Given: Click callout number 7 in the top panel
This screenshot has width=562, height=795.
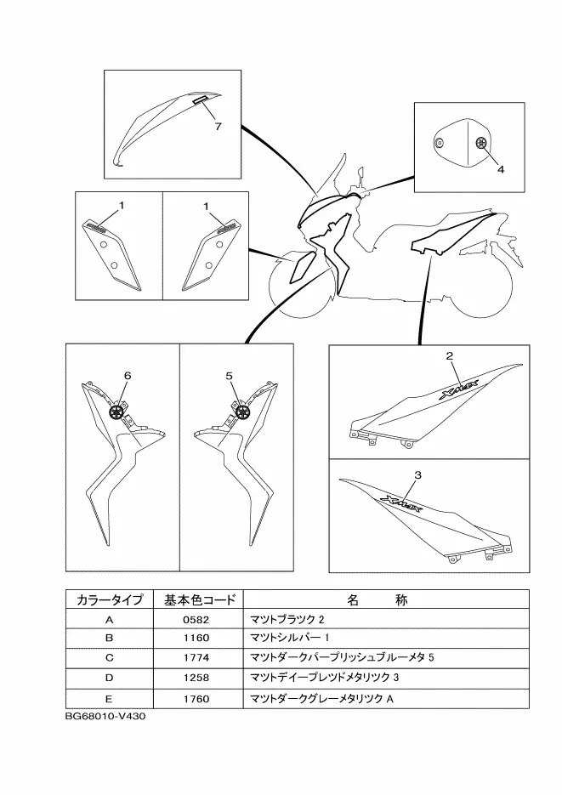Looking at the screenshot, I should pyautogui.click(x=218, y=126).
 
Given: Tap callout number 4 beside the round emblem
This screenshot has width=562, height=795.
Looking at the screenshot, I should pyautogui.click(x=501, y=169).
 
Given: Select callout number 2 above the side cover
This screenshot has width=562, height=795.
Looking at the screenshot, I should pyautogui.click(x=450, y=356).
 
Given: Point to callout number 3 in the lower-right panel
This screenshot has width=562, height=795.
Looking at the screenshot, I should pyautogui.click(x=417, y=474).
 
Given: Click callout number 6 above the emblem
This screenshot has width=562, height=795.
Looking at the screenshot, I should pyautogui.click(x=128, y=375).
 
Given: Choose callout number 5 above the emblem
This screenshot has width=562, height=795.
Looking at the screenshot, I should pyautogui.click(x=230, y=375).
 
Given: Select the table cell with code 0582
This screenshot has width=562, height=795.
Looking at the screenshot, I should pyautogui.click(x=196, y=620).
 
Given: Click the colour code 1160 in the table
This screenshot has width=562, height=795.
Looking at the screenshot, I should pyautogui.click(x=196, y=639).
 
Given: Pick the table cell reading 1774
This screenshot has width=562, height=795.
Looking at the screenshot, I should pyautogui.click(x=196, y=658).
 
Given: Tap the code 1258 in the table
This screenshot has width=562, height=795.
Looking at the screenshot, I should pyautogui.click(x=196, y=678).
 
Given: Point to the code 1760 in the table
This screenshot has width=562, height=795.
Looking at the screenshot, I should pyautogui.click(x=196, y=697).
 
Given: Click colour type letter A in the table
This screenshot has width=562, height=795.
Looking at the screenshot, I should pyautogui.click(x=109, y=620).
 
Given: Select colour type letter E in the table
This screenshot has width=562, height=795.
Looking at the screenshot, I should pyautogui.click(x=109, y=697).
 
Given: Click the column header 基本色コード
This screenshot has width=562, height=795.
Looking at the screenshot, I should pyautogui.click(x=196, y=600).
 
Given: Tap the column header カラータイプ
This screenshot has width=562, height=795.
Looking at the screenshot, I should pyautogui.click(x=109, y=600).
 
